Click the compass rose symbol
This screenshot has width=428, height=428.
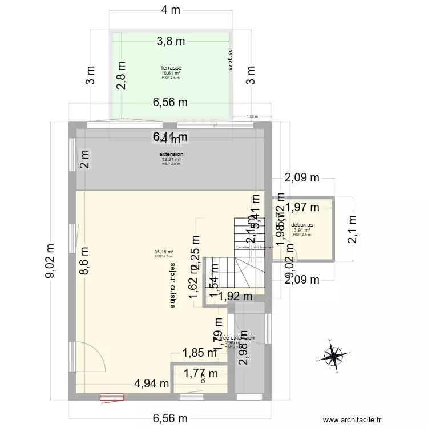click(333, 355)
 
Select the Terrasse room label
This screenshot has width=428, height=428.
click(171, 68)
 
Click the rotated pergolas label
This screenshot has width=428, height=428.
click(230, 59)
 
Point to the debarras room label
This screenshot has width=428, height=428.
click(302, 225)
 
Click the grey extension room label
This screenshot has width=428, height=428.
click(171, 154)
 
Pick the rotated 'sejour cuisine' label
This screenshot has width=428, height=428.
click(172, 285)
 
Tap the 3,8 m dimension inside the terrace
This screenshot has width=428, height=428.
click(171, 41)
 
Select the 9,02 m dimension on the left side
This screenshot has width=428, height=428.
click(52, 261)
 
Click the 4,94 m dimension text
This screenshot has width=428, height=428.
click(151, 383)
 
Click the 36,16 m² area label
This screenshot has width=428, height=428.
click(164, 252)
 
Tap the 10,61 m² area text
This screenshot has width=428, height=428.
click(171, 73)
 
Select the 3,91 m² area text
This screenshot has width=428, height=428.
click(301, 230)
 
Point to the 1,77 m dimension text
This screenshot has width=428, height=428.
click(201, 374)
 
